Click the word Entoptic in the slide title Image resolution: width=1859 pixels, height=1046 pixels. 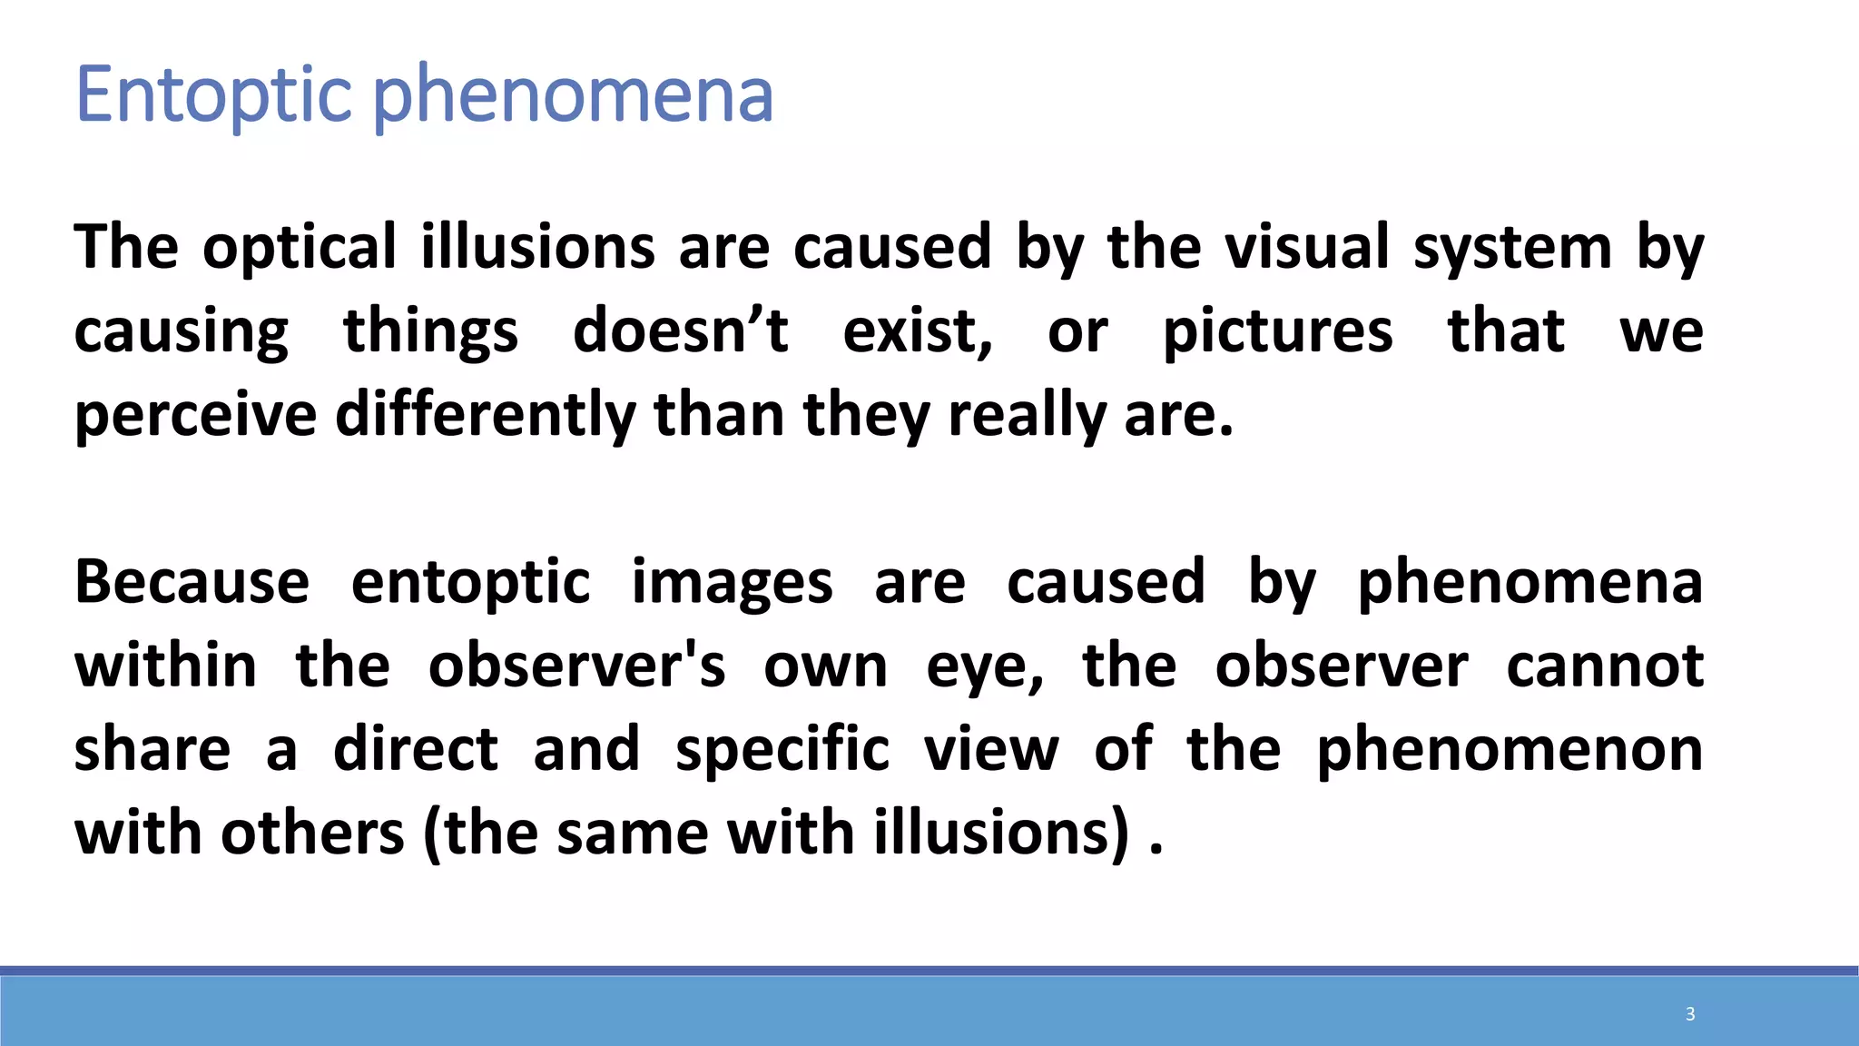point(213,94)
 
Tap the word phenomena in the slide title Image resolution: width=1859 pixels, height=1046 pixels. point(573,94)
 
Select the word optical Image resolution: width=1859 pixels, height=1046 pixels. point(300,247)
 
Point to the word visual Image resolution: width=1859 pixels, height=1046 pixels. point(1307,247)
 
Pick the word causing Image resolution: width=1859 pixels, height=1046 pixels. point(181,331)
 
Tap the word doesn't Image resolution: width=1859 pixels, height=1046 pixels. point(680,331)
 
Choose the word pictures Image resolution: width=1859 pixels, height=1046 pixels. point(1277,331)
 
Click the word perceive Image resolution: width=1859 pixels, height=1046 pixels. point(195,415)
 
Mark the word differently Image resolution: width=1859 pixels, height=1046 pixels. point(486,415)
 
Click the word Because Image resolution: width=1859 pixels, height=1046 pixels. point(192,582)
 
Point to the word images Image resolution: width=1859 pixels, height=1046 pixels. point(732,582)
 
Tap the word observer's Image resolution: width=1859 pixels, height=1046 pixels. point(576,666)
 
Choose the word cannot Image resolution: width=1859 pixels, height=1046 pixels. point(1605,666)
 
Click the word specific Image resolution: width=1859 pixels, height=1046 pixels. point(782,750)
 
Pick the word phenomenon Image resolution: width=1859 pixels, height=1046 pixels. point(1510,750)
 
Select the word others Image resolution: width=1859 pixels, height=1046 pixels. point(312,834)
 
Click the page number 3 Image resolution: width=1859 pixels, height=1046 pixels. point(1690,1014)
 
